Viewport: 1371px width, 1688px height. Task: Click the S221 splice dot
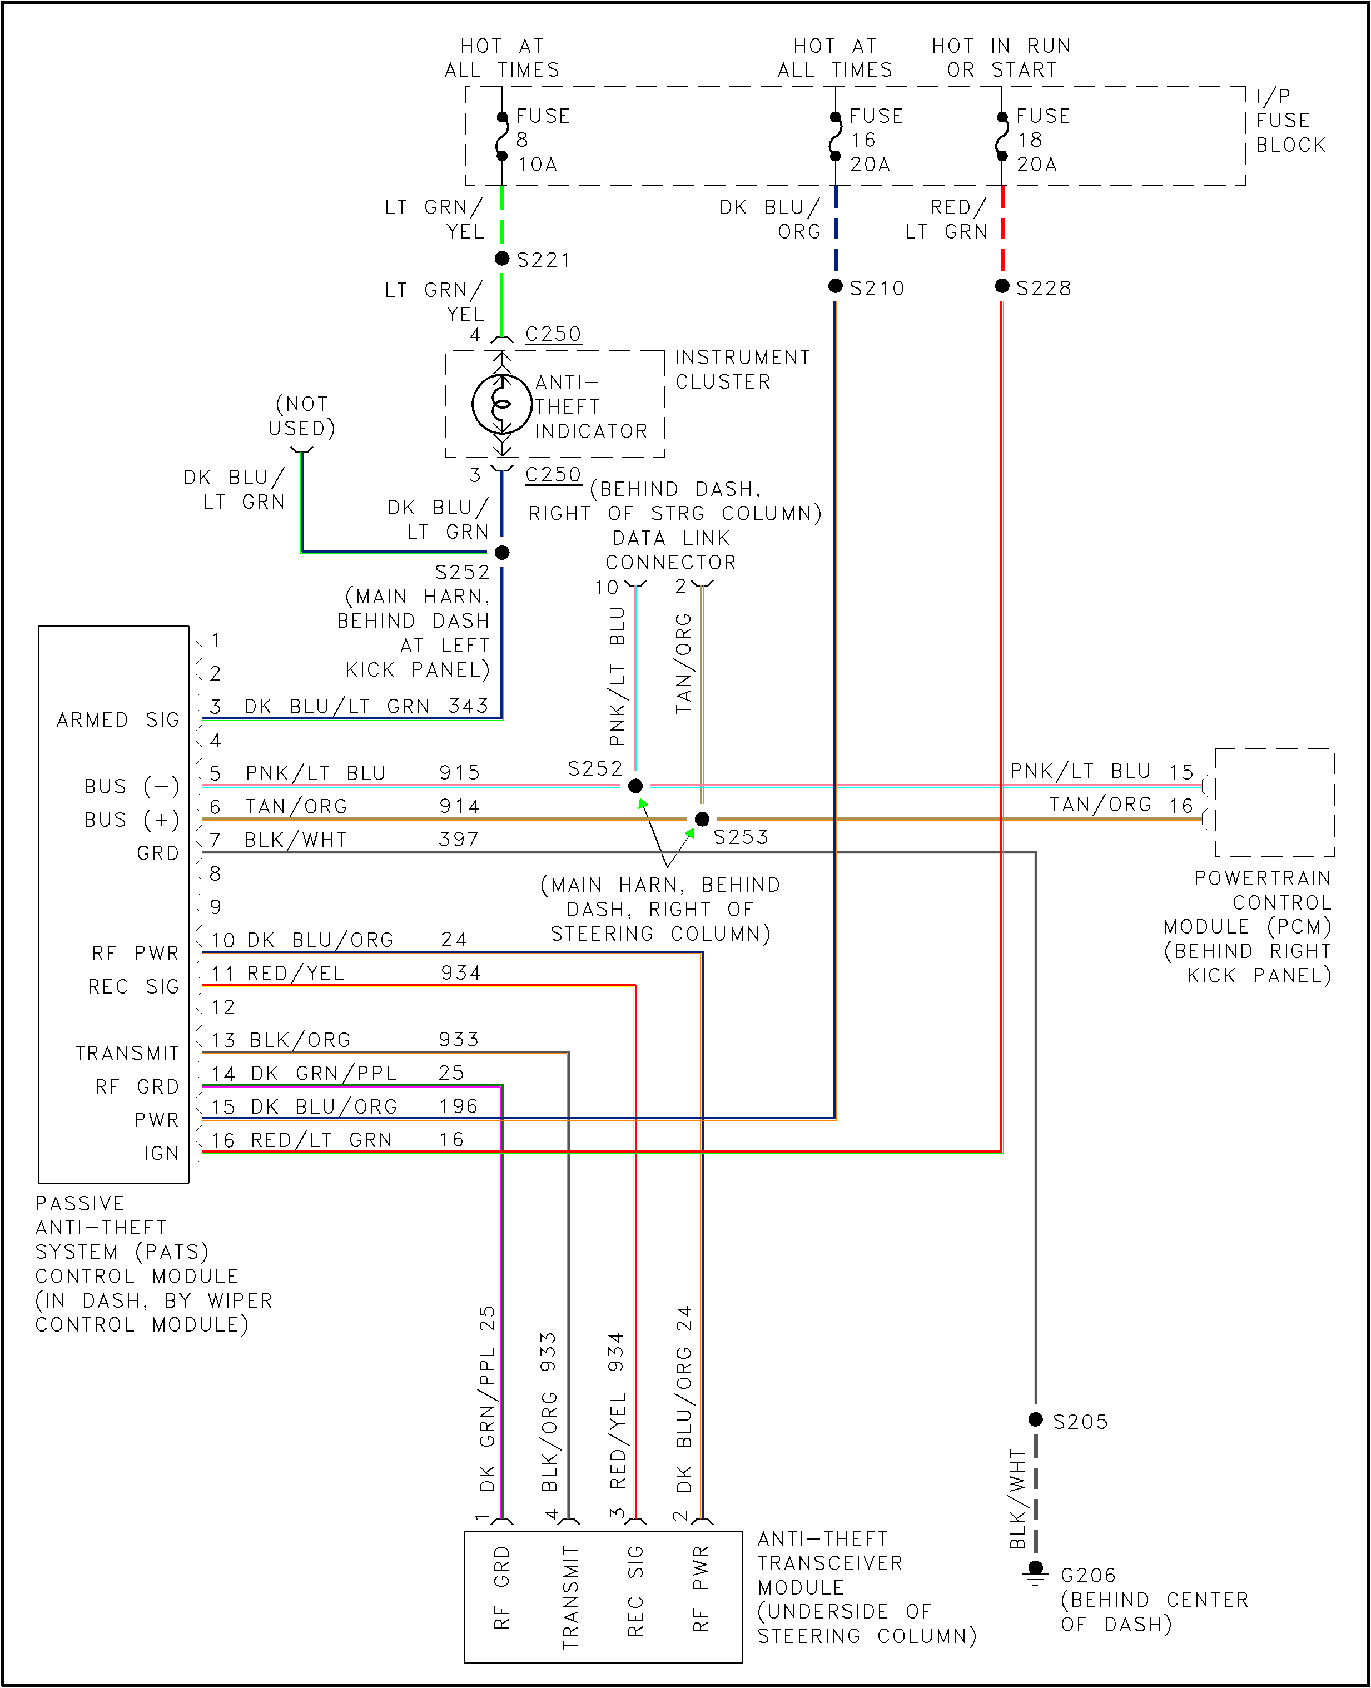coord(501,259)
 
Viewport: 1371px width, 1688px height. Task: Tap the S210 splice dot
coord(836,286)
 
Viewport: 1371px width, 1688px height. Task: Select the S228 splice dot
coord(1002,286)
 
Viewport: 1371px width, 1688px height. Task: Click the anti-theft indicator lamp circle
coord(501,404)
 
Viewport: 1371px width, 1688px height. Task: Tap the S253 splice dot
coord(701,819)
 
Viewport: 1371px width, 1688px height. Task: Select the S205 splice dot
coord(1035,1419)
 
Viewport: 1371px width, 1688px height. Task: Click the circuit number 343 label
coord(468,706)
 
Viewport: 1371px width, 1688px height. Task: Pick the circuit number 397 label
coord(459,839)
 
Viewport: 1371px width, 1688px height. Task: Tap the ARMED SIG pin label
coord(118,719)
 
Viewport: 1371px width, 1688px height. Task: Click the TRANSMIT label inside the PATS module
coord(127,1053)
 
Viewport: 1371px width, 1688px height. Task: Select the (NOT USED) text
coord(302,416)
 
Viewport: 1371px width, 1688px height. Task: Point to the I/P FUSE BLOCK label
coord(1290,121)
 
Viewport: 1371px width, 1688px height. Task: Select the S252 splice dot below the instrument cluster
coord(501,552)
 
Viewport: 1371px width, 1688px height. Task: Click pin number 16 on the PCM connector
coord(1181,806)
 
